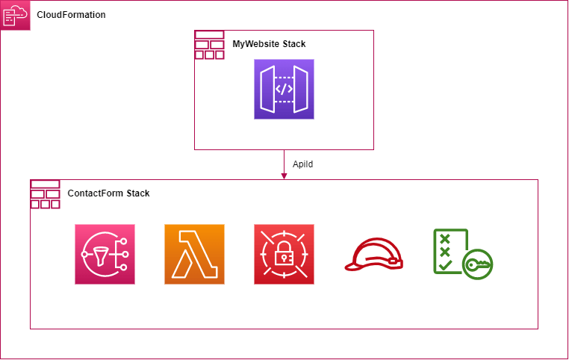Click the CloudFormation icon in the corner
point(15,15)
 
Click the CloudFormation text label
point(71,15)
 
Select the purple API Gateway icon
point(284,90)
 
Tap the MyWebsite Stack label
point(269,44)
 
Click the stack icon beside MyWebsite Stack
point(209,45)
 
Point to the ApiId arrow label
point(302,164)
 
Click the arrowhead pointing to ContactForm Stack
point(284,176)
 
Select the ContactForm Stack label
point(108,193)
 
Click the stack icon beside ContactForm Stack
point(46,194)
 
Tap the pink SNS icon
point(105,254)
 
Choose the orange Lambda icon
point(194,254)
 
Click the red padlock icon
point(284,254)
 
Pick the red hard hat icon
point(374,255)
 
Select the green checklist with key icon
point(463,254)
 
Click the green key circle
point(478,264)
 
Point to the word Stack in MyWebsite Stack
point(294,44)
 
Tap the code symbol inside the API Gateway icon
point(284,89)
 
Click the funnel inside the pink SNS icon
point(101,255)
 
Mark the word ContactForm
point(96,193)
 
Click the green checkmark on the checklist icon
point(445,265)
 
